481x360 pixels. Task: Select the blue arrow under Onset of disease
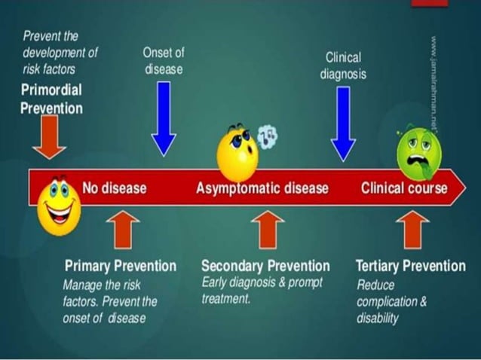click(x=164, y=117)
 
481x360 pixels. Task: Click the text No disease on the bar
click(x=114, y=188)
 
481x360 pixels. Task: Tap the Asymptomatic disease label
click(x=262, y=188)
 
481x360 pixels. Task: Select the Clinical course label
click(x=403, y=188)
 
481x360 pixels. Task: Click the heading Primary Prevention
click(x=121, y=266)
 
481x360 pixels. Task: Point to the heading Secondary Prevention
click(x=265, y=266)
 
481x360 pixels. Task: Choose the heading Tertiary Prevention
click(x=410, y=266)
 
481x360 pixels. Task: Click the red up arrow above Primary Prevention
click(x=123, y=229)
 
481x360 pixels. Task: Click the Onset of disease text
click(x=163, y=61)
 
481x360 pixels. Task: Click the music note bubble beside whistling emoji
click(x=267, y=136)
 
